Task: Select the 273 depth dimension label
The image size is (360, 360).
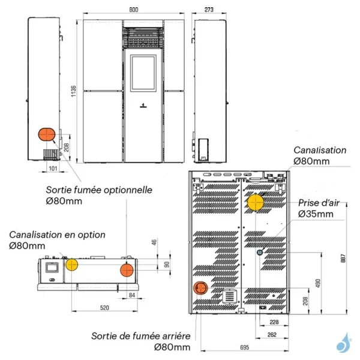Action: coord(209,10)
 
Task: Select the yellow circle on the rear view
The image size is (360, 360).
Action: coord(256,202)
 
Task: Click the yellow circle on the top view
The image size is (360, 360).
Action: coord(72,265)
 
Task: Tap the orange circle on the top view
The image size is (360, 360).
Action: coord(127,270)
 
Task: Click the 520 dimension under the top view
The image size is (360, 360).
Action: coord(104,307)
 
